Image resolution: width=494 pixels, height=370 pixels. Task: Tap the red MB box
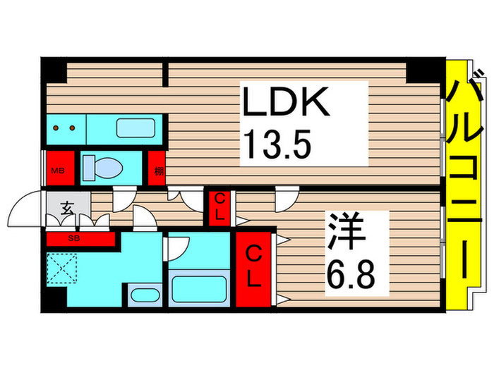click(57, 168)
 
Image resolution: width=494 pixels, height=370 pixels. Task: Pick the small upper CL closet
click(219, 206)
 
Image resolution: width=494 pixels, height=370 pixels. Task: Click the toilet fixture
click(103, 167)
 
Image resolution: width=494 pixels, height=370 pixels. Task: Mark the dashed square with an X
click(63, 268)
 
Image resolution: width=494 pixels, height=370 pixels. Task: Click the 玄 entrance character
click(68, 209)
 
